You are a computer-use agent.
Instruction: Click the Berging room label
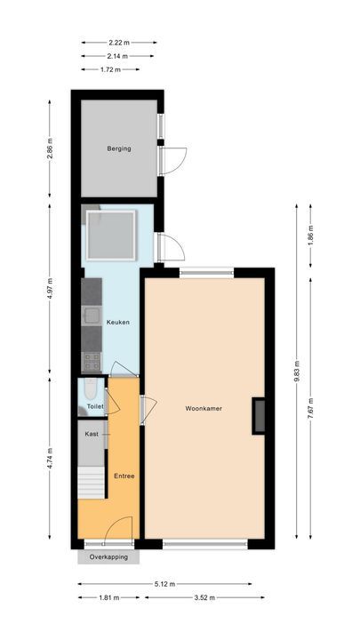tap(119, 148)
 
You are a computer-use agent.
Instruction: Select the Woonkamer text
tap(204, 409)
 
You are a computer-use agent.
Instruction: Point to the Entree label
tap(124, 476)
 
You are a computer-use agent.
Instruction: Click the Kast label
tap(92, 434)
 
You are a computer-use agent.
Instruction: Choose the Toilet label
tap(94, 406)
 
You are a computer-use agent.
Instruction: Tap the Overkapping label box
tap(108, 556)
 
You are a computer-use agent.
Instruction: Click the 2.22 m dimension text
tap(118, 42)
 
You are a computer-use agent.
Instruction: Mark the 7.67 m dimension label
tap(310, 406)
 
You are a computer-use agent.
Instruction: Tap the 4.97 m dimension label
tap(51, 289)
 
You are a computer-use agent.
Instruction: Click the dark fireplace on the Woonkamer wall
tap(259, 416)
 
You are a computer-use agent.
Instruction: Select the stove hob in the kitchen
tap(91, 361)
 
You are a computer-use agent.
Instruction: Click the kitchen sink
tap(91, 314)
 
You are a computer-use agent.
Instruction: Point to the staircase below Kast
tap(92, 485)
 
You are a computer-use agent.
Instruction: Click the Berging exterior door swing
tap(172, 158)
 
